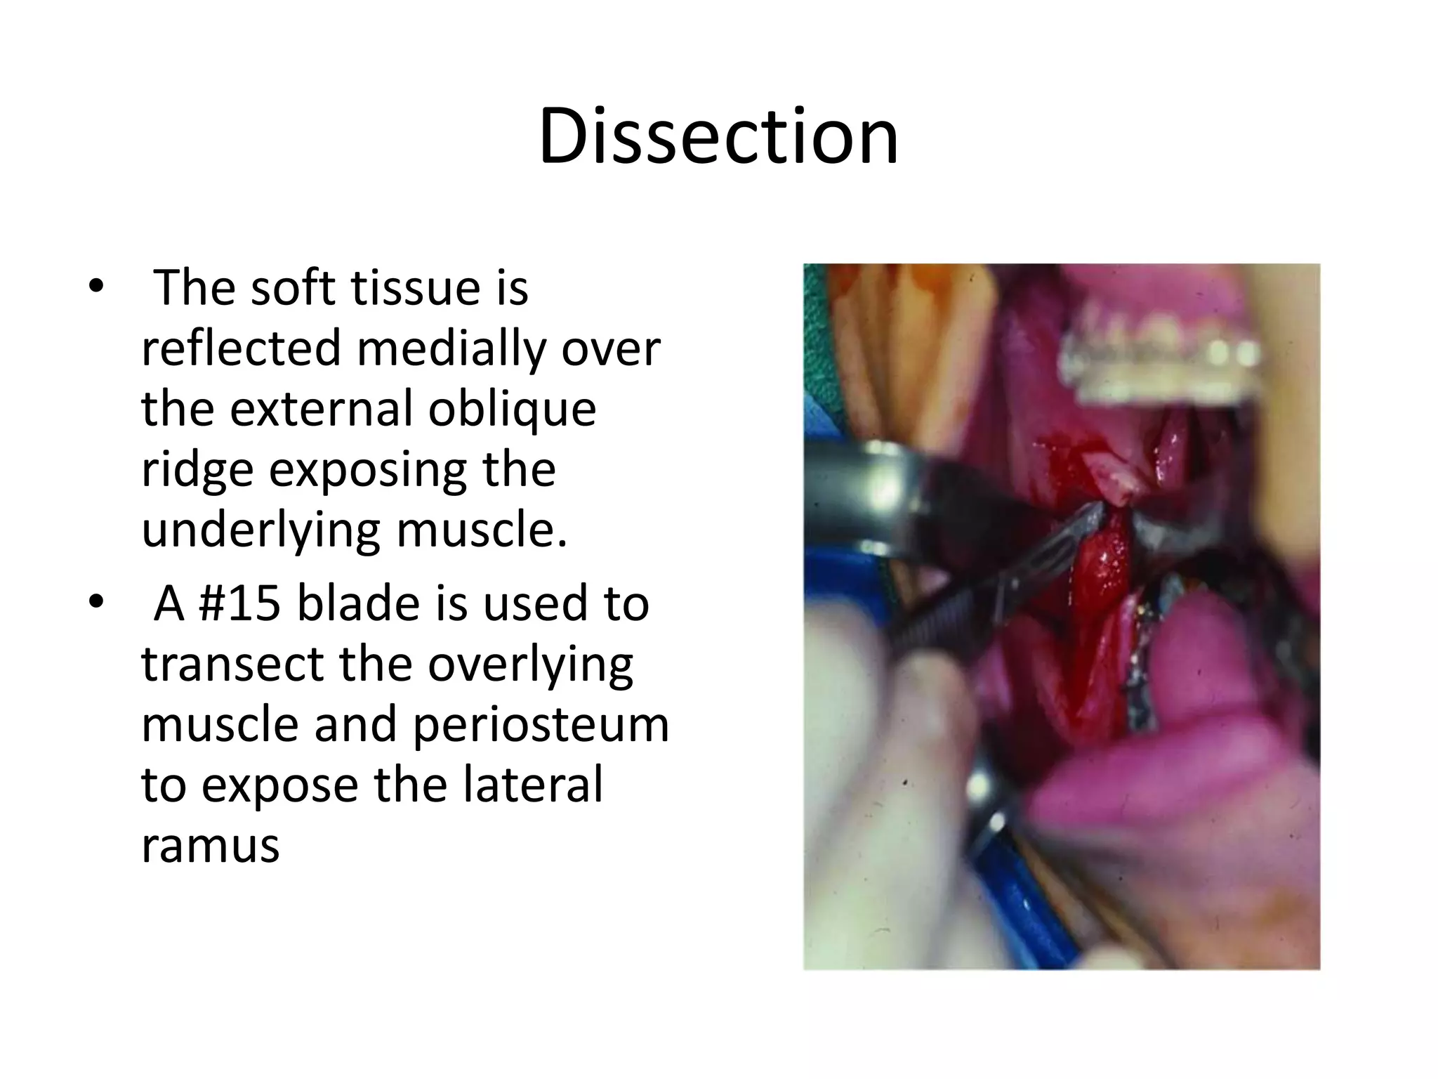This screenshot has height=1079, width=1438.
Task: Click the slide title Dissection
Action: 718,137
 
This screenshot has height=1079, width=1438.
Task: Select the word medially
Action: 450,348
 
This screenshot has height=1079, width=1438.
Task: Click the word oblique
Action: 512,410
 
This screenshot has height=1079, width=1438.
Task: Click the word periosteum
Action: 541,725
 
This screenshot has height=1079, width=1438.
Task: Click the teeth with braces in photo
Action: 1159,358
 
